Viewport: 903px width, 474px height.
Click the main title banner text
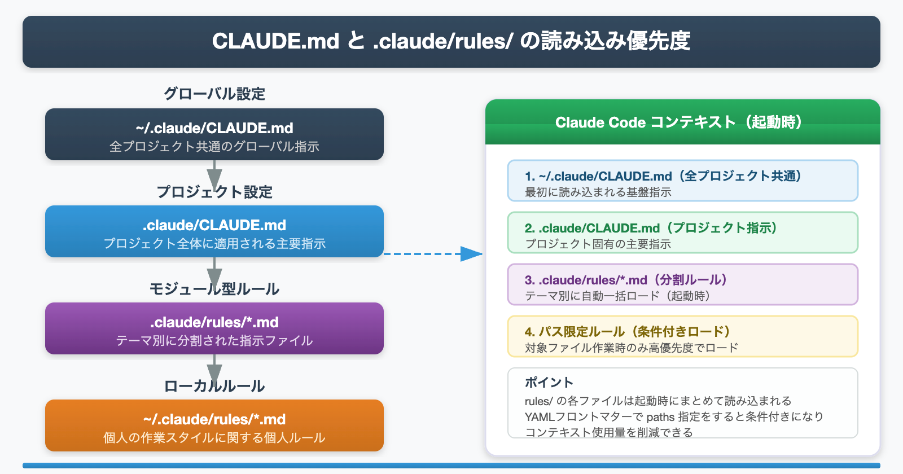[x=451, y=41]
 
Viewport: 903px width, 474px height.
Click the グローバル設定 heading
[x=214, y=94]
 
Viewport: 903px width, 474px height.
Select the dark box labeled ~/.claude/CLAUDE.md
[x=214, y=134]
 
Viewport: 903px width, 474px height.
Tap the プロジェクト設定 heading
[x=214, y=192]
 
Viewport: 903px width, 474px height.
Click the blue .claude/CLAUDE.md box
[x=214, y=231]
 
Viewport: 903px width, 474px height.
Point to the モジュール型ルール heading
[x=214, y=289]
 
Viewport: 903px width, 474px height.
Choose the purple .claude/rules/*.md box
[x=214, y=328]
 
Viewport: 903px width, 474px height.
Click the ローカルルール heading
[x=214, y=386]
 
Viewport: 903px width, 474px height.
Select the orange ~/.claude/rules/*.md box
[x=214, y=425]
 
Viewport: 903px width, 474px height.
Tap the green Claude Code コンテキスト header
[x=682, y=122]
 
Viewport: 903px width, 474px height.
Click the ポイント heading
[x=549, y=383]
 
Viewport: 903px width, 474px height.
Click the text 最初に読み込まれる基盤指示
[x=598, y=192]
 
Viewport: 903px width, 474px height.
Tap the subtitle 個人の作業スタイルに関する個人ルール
[x=214, y=438]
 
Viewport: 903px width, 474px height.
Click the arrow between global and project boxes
[x=214, y=174]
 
